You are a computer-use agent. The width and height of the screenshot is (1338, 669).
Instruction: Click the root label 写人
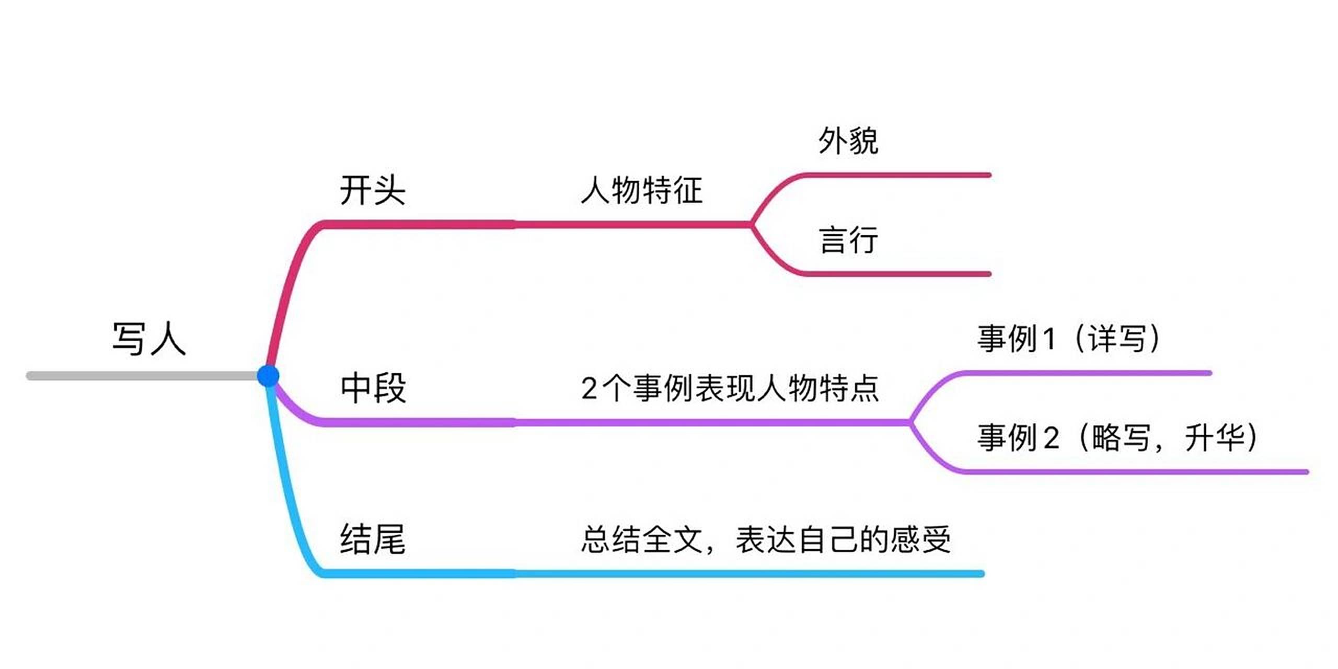149,339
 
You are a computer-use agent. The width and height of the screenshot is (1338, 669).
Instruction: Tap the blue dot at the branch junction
268,376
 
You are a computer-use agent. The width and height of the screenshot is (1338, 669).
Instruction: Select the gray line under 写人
141,376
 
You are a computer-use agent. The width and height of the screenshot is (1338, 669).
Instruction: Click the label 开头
373,190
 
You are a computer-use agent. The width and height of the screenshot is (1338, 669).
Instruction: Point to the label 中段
373,388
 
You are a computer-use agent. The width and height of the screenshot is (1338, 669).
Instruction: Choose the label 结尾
373,539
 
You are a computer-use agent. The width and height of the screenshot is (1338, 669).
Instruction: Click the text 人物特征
642,190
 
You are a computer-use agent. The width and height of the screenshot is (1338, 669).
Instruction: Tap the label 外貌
848,141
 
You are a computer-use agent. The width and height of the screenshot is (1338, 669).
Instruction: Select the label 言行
848,240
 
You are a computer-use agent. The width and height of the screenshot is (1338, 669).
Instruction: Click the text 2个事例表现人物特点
730,388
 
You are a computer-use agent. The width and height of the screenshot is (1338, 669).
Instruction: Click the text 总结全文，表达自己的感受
765,539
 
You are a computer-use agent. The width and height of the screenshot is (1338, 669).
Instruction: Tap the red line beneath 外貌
896,175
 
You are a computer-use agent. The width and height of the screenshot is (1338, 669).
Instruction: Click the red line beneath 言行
896,274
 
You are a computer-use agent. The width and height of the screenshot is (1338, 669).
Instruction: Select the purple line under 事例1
1087,373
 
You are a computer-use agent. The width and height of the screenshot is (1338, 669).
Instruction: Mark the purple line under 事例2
1134,472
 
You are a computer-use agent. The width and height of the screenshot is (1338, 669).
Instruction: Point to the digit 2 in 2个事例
589,389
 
